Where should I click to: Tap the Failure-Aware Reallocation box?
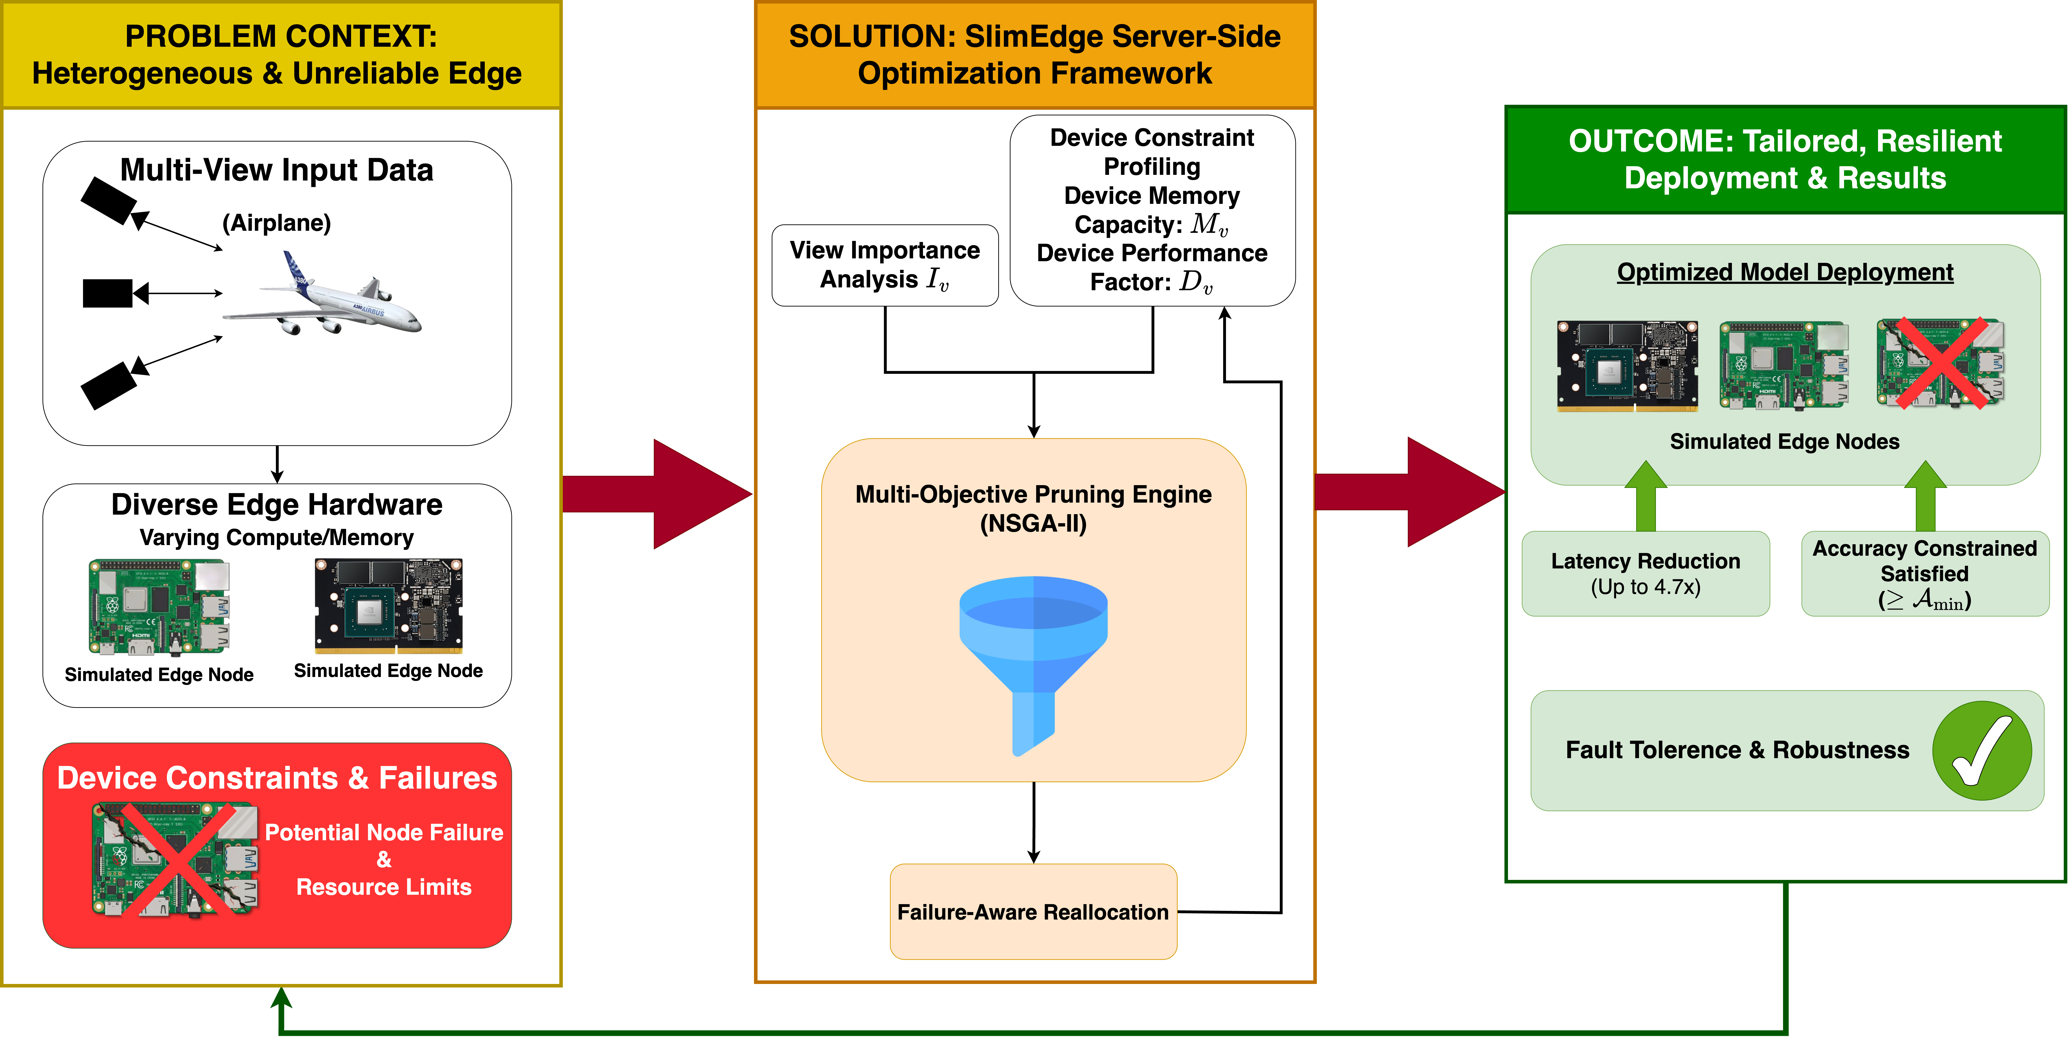[1033, 912]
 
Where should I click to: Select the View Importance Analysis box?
[885, 265]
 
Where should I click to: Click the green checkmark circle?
[1981, 751]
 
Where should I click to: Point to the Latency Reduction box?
[1646, 573]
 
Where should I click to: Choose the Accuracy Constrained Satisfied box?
[1924, 573]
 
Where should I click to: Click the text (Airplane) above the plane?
[276, 222]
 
